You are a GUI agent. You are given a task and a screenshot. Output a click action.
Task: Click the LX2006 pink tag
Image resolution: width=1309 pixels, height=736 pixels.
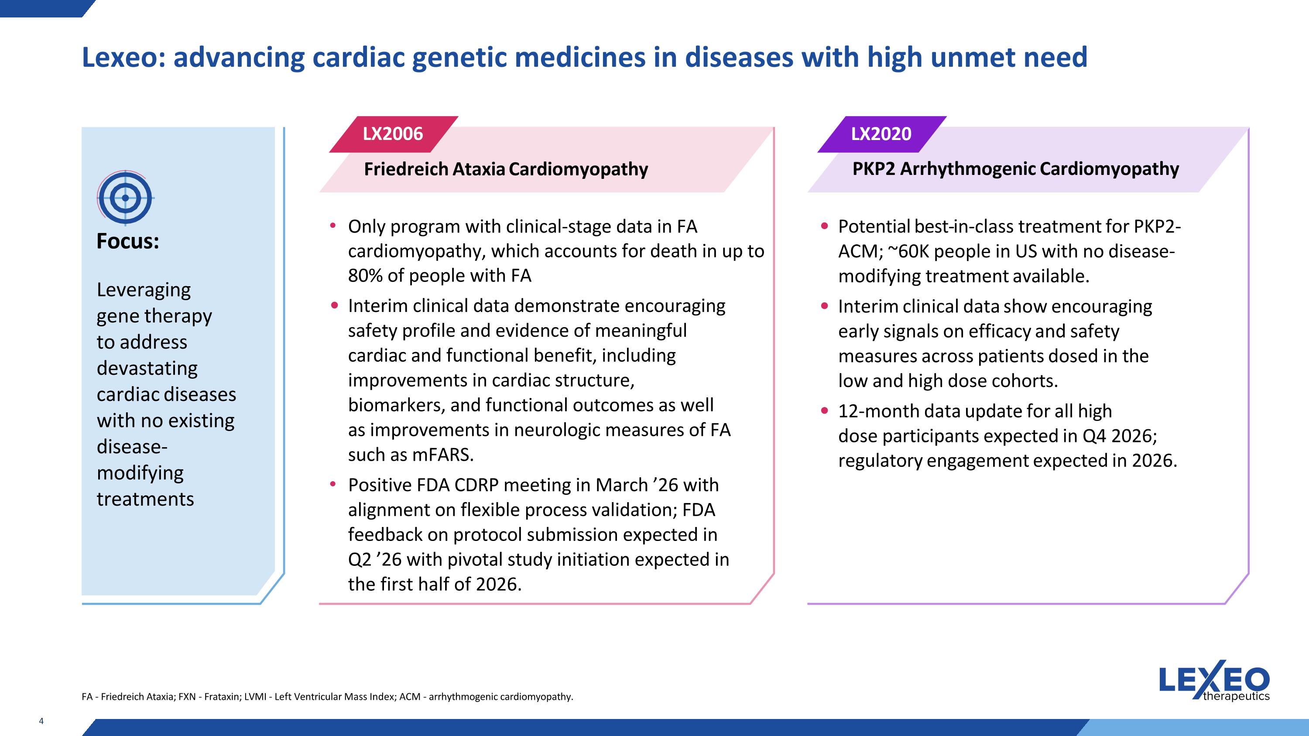[x=392, y=134]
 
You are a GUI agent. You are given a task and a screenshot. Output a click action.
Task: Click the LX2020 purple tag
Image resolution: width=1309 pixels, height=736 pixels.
[x=881, y=134]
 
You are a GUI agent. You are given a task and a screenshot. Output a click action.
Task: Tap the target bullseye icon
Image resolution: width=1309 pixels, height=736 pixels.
[x=125, y=198]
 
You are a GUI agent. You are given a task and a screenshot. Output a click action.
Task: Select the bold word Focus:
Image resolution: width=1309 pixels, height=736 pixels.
[x=127, y=241]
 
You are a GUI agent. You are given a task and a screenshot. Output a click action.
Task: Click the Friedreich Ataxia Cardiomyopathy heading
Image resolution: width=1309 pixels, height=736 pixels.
[x=506, y=169]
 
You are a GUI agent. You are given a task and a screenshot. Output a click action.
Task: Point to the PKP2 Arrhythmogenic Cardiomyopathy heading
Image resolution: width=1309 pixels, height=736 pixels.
[x=1015, y=169]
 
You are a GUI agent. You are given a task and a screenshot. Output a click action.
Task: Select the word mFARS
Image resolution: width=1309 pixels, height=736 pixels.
[x=442, y=455]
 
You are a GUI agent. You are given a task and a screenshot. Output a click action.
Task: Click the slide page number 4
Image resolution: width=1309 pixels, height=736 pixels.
[x=41, y=721]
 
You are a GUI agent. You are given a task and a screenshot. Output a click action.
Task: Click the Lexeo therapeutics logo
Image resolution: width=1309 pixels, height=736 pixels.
[x=1214, y=681]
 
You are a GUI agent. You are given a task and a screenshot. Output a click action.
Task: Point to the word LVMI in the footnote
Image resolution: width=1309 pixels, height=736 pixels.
[x=255, y=697]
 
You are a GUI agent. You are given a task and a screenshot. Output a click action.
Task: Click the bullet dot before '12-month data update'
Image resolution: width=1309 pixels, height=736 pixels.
[x=824, y=411]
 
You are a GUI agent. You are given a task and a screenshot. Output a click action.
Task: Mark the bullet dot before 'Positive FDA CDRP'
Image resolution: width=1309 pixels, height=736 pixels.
[x=333, y=485]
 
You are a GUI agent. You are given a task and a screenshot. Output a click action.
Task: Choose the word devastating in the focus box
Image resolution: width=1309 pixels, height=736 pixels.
[x=147, y=368]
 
